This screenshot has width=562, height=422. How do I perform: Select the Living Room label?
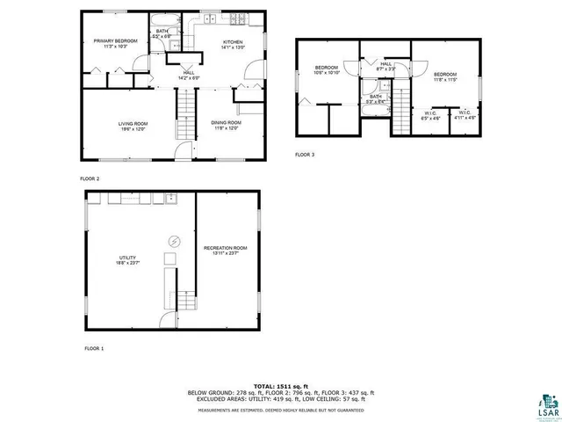132,126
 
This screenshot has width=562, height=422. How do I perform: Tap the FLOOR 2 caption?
90,178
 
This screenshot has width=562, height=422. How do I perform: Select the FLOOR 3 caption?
304,155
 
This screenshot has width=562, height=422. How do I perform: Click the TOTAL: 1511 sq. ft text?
280,386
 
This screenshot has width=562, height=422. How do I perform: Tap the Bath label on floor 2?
163,34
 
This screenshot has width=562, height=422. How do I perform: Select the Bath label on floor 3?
376,98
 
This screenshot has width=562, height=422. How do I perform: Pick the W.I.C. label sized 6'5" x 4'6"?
429,114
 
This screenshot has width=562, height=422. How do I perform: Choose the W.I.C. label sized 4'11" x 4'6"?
464,114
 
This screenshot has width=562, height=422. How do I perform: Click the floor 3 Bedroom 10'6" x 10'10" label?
328,70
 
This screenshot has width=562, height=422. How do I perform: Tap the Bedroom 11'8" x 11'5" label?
444,76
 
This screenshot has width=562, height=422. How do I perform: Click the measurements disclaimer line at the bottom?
280,410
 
